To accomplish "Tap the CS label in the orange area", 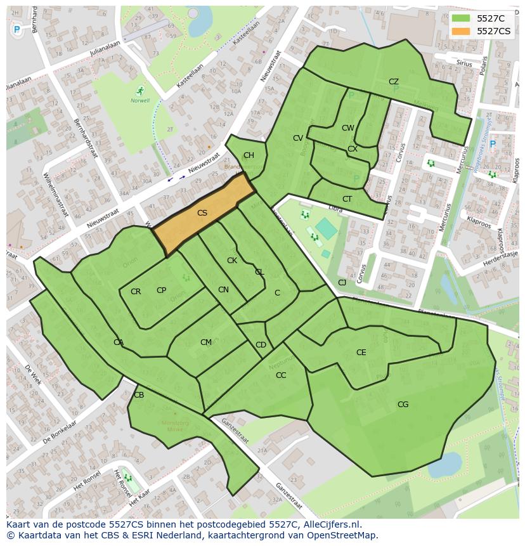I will pyautogui.click(x=202, y=213).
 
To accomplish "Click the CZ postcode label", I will pyautogui.click(x=393, y=82).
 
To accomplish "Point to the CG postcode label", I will pyautogui.click(x=403, y=405).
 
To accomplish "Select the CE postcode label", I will pyautogui.click(x=361, y=353).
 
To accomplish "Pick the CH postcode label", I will pyautogui.click(x=249, y=155).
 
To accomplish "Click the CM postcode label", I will pyautogui.click(x=205, y=342).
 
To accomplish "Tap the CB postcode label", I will pyautogui.click(x=139, y=395).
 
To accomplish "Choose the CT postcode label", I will pyautogui.click(x=347, y=199).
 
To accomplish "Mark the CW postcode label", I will pyautogui.click(x=347, y=128).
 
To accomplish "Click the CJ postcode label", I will pyautogui.click(x=342, y=283).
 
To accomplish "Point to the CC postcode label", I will pyautogui.click(x=281, y=375).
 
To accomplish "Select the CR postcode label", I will pyautogui.click(x=136, y=292).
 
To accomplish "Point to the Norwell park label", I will pyautogui.click(x=140, y=100).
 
